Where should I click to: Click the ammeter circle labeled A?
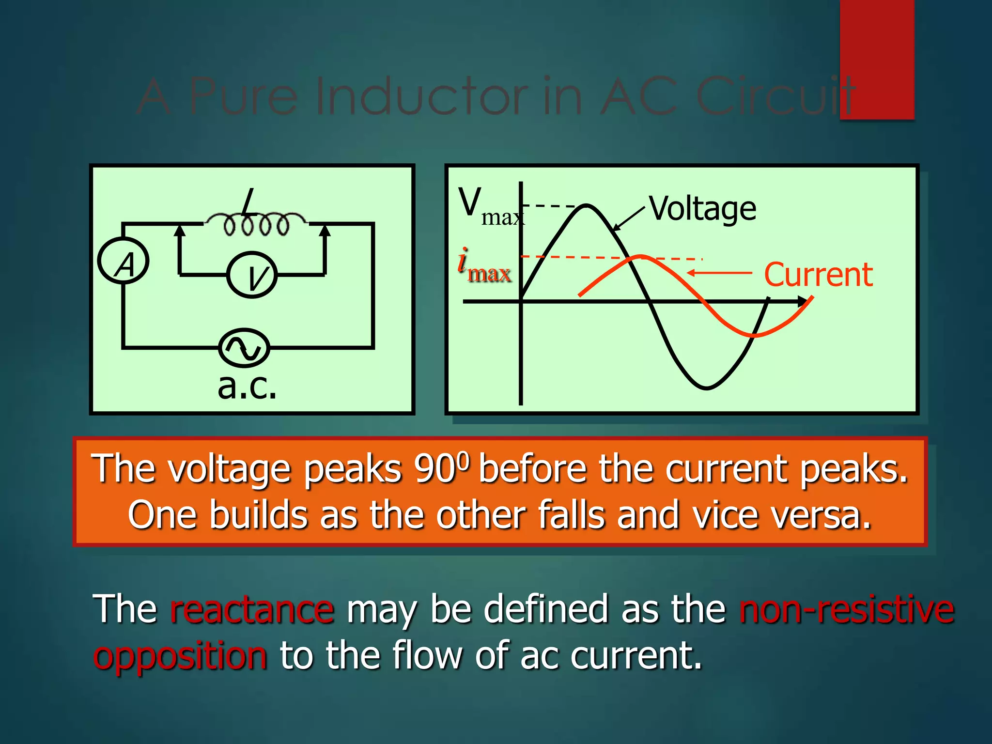(x=124, y=261)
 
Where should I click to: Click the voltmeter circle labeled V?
(x=252, y=275)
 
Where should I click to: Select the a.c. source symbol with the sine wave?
(x=244, y=347)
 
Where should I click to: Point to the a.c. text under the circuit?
(x=247, y=387)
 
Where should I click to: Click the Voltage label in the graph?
(x=702, y=209)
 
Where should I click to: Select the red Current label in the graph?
(x=818, y=275)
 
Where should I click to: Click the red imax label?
(x=484, y=265)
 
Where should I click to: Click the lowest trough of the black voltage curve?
(x=707, y=388)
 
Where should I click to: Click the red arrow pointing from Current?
(x=719, y=273)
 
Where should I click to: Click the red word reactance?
(x=252, y=609)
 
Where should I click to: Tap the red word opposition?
(x=180, y=655)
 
